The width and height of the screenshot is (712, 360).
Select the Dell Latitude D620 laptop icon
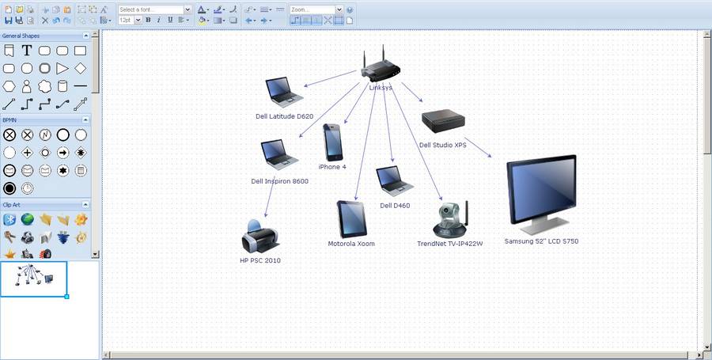click(x=284, y=92)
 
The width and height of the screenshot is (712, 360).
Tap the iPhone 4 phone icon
click(x=333, y=142)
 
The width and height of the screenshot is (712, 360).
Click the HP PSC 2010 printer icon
click(x=259, y=237)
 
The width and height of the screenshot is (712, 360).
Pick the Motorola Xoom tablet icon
click(x=351, y=219)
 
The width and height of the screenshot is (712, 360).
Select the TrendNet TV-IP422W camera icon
click(x=450, y=219)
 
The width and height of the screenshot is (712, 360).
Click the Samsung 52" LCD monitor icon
click(x=541, y=195)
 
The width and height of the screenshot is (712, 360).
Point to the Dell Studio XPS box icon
click(x=443, y=121)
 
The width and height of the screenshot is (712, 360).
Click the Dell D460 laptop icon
click(x=394, y=181)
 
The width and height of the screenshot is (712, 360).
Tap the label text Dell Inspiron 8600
click(x=280, y=181)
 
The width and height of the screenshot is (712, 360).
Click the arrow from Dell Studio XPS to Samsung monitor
click(x=478, y=147)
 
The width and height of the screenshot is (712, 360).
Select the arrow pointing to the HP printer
click(x=271, y=196)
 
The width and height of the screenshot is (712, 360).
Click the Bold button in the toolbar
click(x=148, y=20)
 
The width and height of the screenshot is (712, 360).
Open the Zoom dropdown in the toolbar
click(x=339, y=9)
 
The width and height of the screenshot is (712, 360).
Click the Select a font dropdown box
click(x=155, y=9)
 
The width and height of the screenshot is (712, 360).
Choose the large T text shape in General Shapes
click(x=27, y=51)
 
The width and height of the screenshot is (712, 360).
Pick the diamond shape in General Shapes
click(x=81, y=68)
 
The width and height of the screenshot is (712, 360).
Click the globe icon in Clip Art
click(x=27, y=220)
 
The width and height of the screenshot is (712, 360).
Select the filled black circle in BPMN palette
click(x=9, y=188)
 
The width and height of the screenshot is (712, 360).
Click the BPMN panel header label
click(x=9, y=119)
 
